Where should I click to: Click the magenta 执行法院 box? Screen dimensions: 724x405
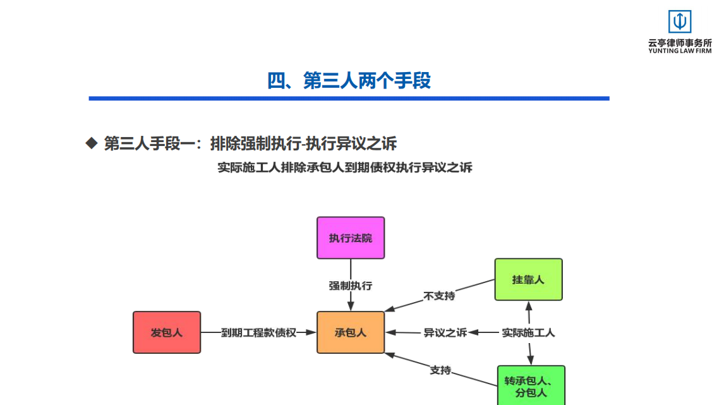click(x=351, y=238)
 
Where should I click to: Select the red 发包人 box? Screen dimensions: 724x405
click(x=167, y=332)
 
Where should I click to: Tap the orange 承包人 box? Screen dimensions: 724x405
click(x=351, y=332)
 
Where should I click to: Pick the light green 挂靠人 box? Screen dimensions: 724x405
click(x=528, y=279)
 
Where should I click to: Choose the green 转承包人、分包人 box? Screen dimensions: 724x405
click(x=531, y=386)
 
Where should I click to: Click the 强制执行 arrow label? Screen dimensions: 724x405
click(x=351, y=286)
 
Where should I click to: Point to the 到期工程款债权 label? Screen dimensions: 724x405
click(x=258, y=332)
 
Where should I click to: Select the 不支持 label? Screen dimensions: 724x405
click(x=439, y=296)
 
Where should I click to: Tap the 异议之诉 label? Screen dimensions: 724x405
click(x=445, y=332)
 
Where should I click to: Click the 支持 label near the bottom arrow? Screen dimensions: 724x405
click(x=440, y=370)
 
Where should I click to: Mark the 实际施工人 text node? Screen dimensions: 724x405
click(x=528, y=332)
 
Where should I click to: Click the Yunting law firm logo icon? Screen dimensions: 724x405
click(x=680, y=21)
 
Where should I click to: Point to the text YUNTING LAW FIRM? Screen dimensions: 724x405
click(x=680, y=51)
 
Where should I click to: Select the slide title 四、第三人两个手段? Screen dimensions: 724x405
click(x=349, y=80)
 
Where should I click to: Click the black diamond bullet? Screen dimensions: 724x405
click(x=92, y=143)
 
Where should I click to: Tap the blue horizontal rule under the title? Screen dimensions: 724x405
click(x=349, y=99)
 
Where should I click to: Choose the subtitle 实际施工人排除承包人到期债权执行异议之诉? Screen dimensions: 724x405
click(x=345, y=167)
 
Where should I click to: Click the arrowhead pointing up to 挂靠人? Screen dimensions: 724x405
click(x=529, y=306)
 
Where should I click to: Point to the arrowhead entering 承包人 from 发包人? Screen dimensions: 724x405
click(x=311, y=332)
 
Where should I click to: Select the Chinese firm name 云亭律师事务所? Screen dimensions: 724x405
click(x=680, y=43)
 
